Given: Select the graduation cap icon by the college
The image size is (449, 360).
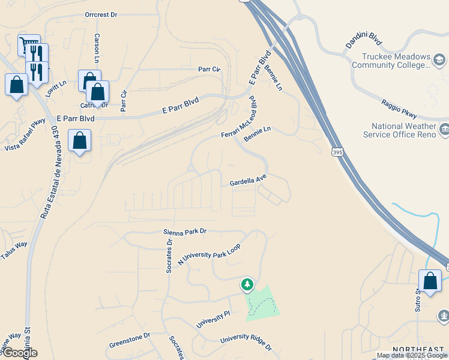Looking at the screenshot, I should click(440, 59).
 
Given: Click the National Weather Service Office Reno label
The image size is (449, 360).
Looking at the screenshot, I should click(403, 130).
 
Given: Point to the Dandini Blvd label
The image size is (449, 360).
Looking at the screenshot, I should click(363, 40).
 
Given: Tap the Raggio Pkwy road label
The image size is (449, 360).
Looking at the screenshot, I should click(399, 108).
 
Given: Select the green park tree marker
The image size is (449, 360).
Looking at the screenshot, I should click(246, 284).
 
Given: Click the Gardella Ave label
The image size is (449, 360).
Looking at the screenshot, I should click(248, 180).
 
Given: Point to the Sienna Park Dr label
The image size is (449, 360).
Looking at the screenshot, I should click(184, 231).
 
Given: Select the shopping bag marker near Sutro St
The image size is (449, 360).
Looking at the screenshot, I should click(430, 281).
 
